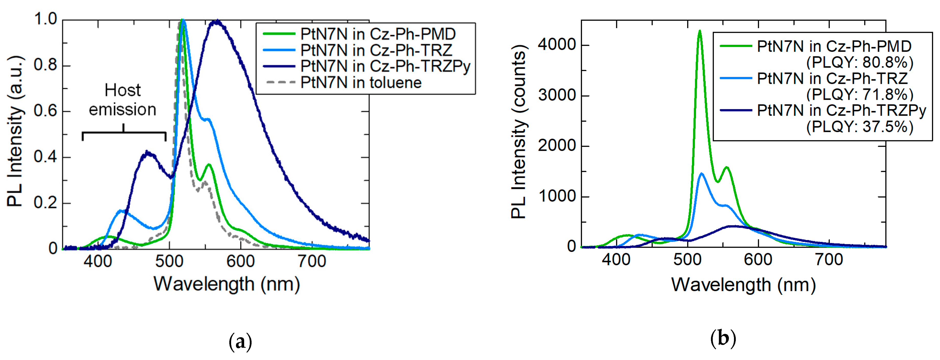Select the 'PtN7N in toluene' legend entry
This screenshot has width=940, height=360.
coord(361,83)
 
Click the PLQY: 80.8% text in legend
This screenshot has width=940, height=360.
coord(860,62)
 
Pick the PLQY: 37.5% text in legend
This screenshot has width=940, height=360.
coord(860,127)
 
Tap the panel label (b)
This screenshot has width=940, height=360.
coord(723,339)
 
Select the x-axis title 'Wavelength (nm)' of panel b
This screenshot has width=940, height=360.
coord(743,285)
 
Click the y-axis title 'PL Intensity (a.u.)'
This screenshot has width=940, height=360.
coord(15,131)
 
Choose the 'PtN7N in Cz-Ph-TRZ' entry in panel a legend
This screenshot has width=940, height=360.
coord(376,50)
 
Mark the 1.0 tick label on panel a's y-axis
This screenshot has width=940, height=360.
coord(46,19)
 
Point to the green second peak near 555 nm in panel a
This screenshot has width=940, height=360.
coord(209,165)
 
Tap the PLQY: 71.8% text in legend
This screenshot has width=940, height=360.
coord(860,94)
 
